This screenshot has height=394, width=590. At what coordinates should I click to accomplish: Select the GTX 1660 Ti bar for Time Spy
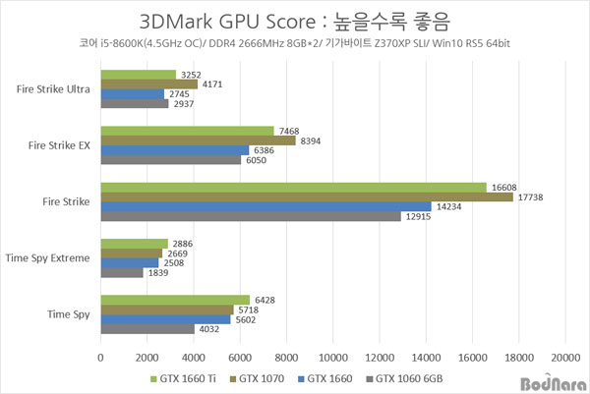[174, 300]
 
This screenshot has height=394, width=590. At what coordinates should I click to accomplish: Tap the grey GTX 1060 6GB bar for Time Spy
[147, 329]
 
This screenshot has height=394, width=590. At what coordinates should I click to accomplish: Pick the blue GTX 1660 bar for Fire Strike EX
[174, 149]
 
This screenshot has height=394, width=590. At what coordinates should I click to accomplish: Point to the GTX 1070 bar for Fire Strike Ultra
[147, 84]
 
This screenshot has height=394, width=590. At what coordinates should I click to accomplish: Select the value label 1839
[157, 272]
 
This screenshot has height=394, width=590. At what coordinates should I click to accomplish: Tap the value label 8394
[311, 140]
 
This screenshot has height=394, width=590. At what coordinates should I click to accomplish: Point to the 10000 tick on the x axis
[332, 355]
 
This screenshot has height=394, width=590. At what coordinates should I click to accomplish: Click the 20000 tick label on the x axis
[564, 355]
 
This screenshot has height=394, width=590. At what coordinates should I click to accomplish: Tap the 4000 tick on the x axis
[193, 355]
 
